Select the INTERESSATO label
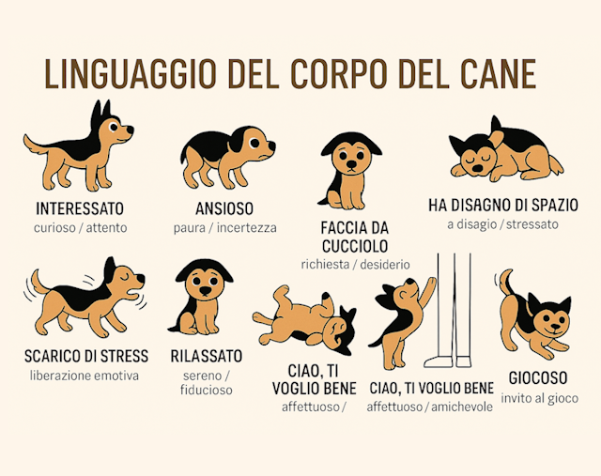tap(80, 208)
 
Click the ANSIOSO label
tap(224, 208)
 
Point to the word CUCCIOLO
tap(355, 246)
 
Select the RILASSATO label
tap(207, 356)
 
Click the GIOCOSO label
tap(538, 377)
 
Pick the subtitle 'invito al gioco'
tap(539, 398)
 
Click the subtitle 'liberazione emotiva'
tap(85, 376)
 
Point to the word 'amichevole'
tap(462, 407)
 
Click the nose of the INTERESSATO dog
tap(130, 130)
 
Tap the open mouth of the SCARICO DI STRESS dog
tap(132, 295)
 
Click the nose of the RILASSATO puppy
tap(206, 290)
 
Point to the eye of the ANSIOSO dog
tap(254, 143)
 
